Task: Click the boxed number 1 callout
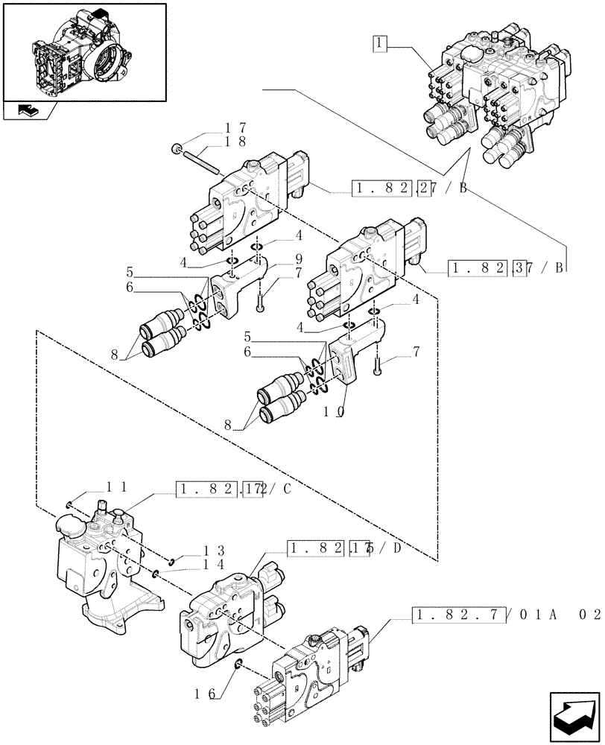coord(381,44)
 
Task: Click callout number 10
coord(334,411)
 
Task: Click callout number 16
coord(209,694)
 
